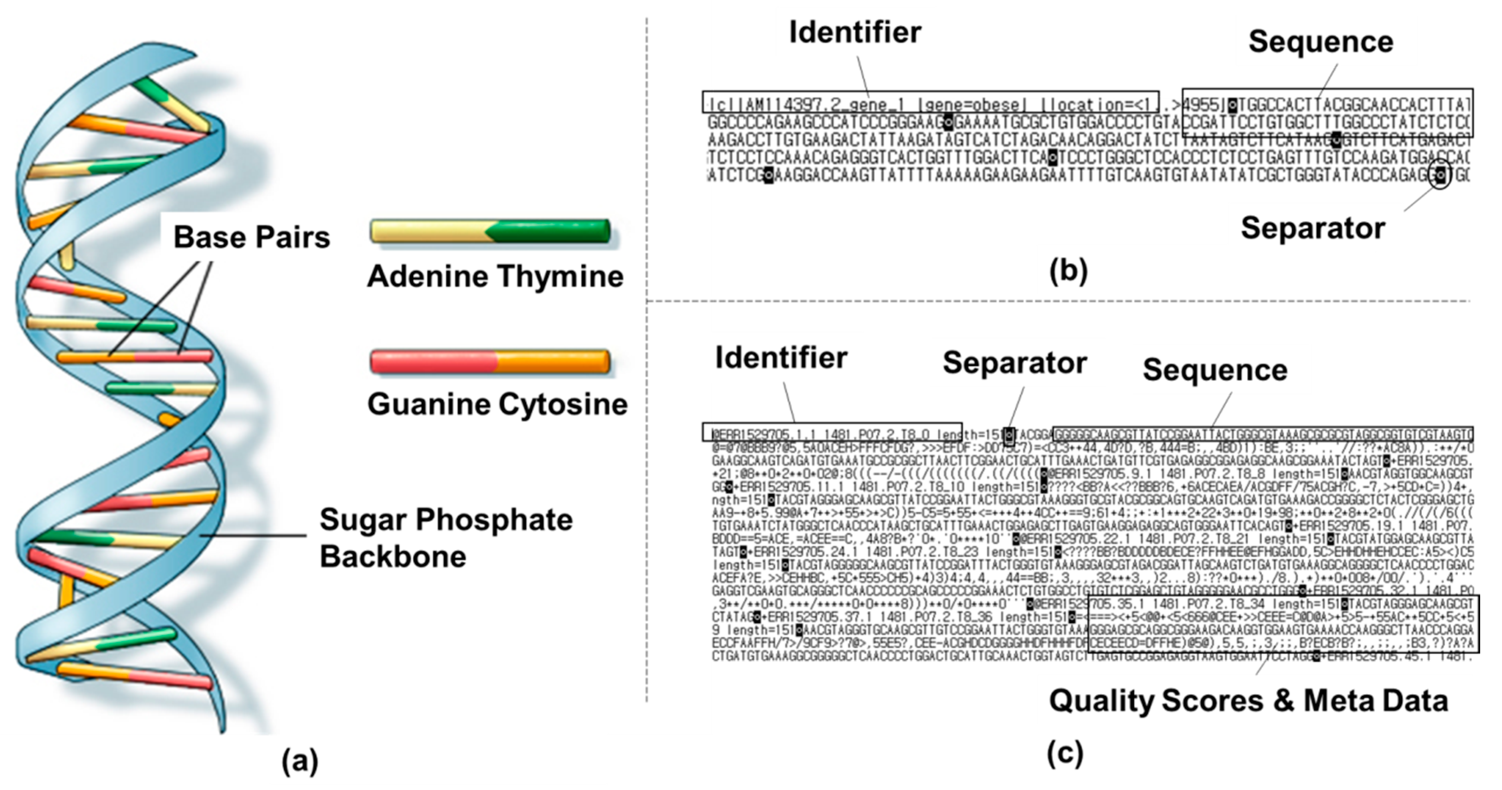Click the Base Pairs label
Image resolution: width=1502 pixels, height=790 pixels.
pos(251,237)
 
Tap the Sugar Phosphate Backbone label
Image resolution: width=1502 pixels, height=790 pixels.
pos(446,537)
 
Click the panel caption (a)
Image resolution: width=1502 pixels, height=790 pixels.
pos(300,761)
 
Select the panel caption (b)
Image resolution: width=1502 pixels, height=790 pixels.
pos(1068,270)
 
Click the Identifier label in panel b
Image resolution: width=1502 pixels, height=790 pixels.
pos(855,32)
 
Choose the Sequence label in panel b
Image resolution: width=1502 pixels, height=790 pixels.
pos(1321,42)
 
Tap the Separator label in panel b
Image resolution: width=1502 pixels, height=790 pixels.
pos(1312,228)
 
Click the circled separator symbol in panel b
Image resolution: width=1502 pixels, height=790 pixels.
pos(1441,174)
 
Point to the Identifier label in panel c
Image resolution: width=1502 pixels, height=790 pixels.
pos(781,357)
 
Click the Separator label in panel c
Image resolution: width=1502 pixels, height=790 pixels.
pos(1014,362)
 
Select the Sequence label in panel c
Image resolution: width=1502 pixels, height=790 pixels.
pos(1215,370)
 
